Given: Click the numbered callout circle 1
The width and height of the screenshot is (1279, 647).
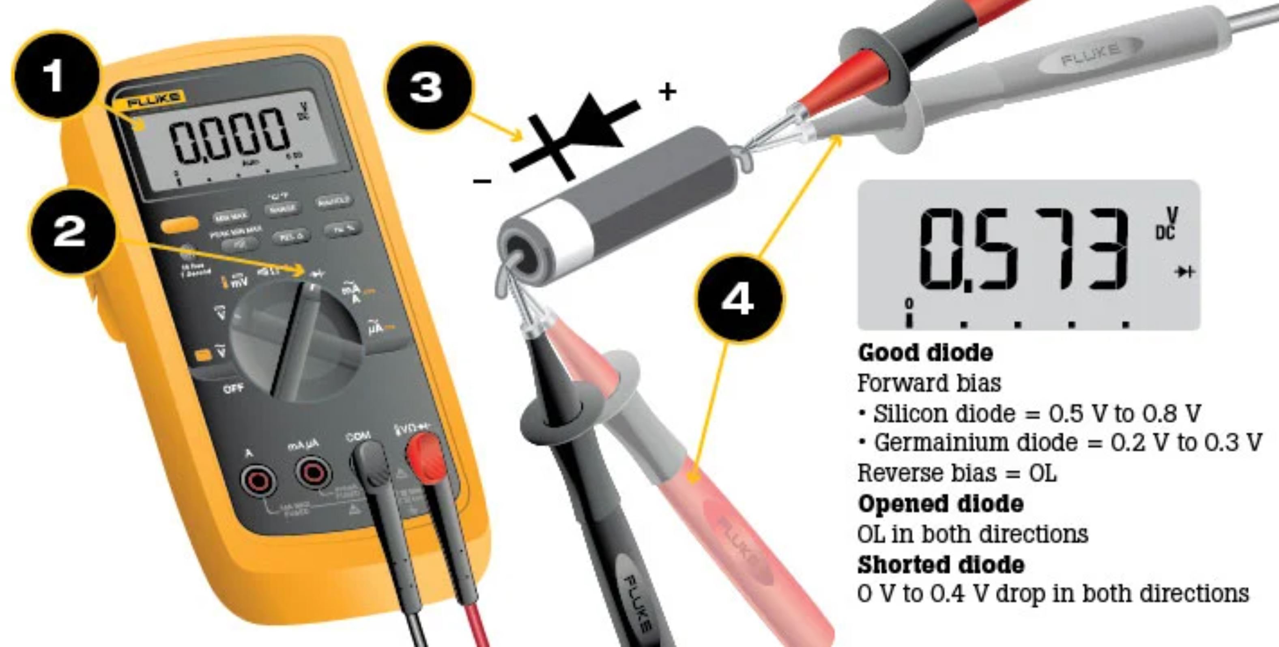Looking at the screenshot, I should (55, 75).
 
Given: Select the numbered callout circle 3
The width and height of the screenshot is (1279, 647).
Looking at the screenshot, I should (428, 87).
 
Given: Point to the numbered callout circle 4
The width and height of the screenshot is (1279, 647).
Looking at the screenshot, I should (738, 299).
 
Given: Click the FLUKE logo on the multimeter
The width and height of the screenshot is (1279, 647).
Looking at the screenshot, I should (153, 100).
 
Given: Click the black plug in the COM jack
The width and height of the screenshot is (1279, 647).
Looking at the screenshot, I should (372, 462).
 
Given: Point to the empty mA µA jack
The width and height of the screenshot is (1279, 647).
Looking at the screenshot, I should (312, 471).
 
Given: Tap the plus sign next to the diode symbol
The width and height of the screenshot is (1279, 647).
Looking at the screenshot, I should (667, 92).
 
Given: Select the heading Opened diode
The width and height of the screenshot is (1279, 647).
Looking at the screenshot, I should (940, 504).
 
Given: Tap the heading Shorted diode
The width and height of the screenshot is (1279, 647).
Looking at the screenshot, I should (940, 565).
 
